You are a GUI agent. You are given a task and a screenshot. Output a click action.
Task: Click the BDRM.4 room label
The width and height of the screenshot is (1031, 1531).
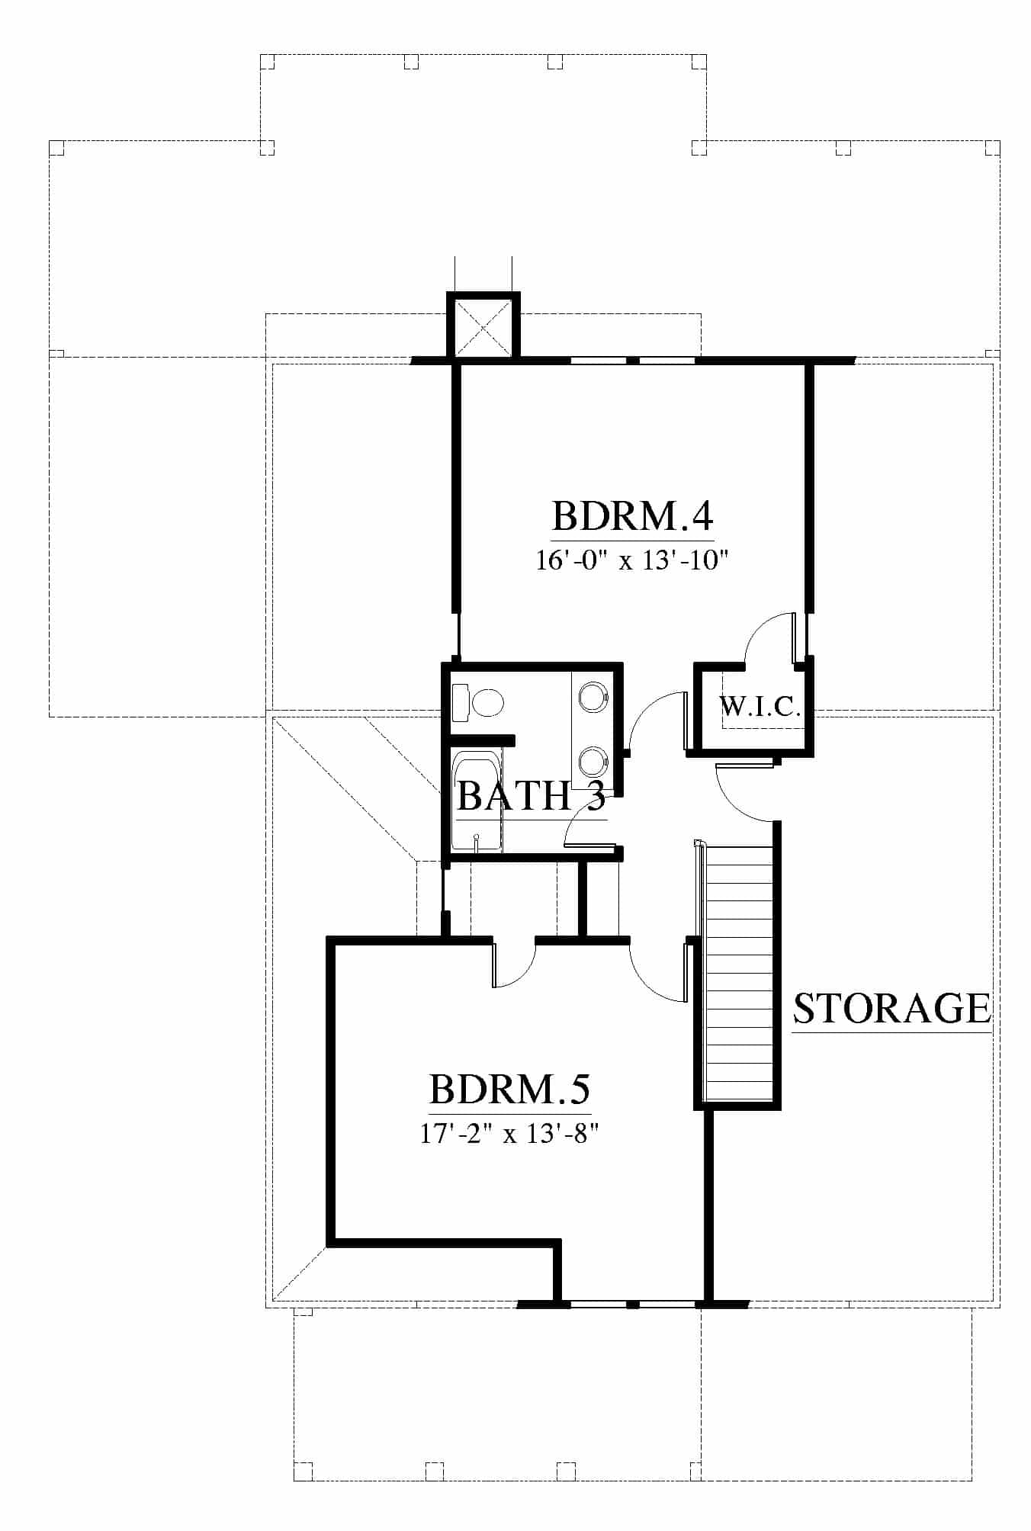pyautogui.click(x=632, y=515)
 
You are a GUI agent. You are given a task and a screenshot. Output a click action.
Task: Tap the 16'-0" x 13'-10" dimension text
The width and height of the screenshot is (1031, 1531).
pyautogui.click(x=632, y=561)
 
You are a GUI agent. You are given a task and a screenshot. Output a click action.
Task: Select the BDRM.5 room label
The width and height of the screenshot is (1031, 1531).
pyautogui.click(x=510, y=1089)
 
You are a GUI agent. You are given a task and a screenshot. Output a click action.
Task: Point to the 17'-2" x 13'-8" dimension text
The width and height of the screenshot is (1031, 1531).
pyautogui.click(x=508, y=1134)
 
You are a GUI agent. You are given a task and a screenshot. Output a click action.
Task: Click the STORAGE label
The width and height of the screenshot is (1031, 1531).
pyautogui.click(x=892, y=1008)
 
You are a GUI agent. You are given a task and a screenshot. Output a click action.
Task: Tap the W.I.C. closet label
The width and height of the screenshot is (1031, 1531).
pyautogui.click(x=760, y=707)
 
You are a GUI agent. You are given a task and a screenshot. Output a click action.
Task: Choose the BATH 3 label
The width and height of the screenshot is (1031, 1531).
pyautogui.click(x=531, y=796)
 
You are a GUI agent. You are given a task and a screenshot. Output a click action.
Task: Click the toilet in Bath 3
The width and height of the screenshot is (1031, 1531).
pyautogui.click(x=478, y=702)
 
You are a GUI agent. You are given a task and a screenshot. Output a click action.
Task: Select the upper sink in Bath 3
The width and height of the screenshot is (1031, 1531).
pyautogui.click(x=593, y=696)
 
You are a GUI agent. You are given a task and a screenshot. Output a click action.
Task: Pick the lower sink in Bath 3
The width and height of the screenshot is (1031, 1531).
pyautogui.click(x=593, y=762)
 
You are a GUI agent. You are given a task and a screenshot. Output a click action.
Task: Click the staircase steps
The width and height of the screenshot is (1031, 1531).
pyautogui.click(x=737, y=971)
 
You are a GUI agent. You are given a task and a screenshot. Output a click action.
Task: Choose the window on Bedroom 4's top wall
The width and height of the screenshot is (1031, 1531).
pyautogui.click(x=633, y=360)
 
